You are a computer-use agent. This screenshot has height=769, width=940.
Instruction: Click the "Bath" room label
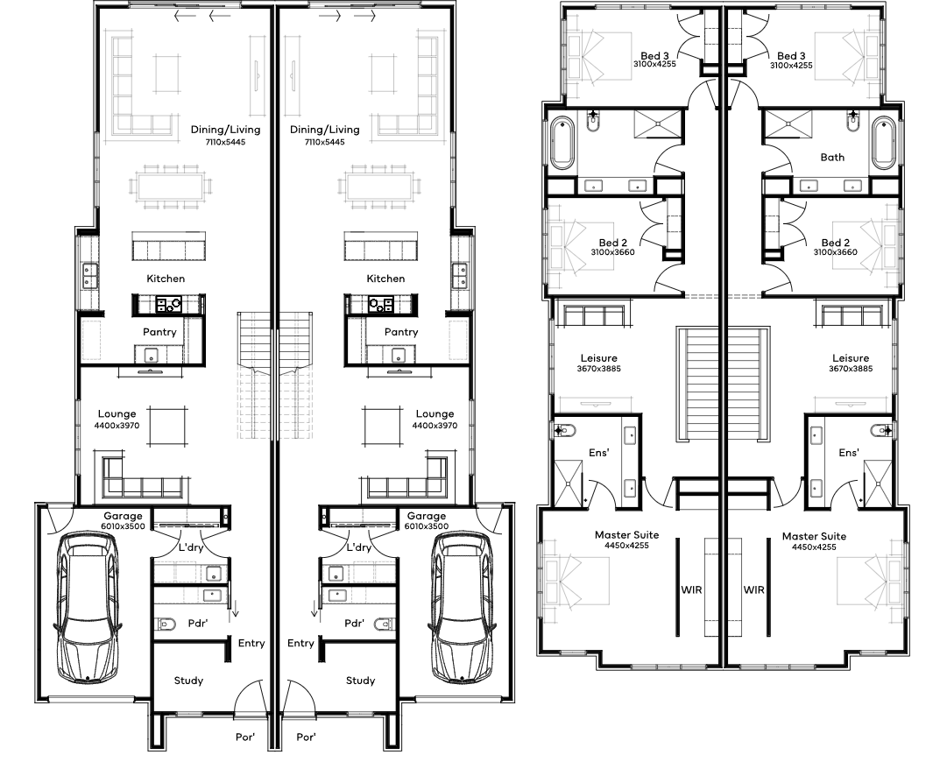tap(832, 157)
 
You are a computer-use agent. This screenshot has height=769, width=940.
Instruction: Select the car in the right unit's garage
tap(462, 608)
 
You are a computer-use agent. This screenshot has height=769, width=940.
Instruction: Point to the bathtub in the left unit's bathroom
tap(562, 143)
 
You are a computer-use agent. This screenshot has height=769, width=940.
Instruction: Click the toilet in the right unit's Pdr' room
tap(385, 624)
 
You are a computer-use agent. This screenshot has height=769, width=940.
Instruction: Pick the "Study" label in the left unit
tap(188, 681)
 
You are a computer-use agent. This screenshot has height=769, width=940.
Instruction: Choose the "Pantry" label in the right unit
tap(401, 332)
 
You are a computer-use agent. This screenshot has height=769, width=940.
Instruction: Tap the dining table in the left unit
tap(172, 187)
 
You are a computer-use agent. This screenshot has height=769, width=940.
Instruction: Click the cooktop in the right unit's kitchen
tap(381, 305)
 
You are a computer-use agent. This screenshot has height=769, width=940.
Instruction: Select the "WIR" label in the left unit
tap(691, 589)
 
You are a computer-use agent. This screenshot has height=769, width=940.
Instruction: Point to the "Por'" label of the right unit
tap(306, 737)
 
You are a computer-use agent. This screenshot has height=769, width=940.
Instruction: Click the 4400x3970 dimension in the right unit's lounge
tap(435, 426)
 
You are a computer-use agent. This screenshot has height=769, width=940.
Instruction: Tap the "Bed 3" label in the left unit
tap(654, 56)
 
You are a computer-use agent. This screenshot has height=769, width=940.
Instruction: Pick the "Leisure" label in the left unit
tap(599, 358)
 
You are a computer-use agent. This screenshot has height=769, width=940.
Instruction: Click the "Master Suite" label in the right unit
tap(814, 536)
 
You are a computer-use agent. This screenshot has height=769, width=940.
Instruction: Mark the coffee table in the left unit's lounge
tap(167, 427)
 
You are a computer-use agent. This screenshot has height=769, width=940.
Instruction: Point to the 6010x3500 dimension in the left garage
tap(123, 526)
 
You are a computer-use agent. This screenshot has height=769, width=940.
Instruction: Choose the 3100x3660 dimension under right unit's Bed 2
tap(835, 252)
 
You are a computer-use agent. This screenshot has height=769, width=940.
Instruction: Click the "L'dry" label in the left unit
tap(192, 547)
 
